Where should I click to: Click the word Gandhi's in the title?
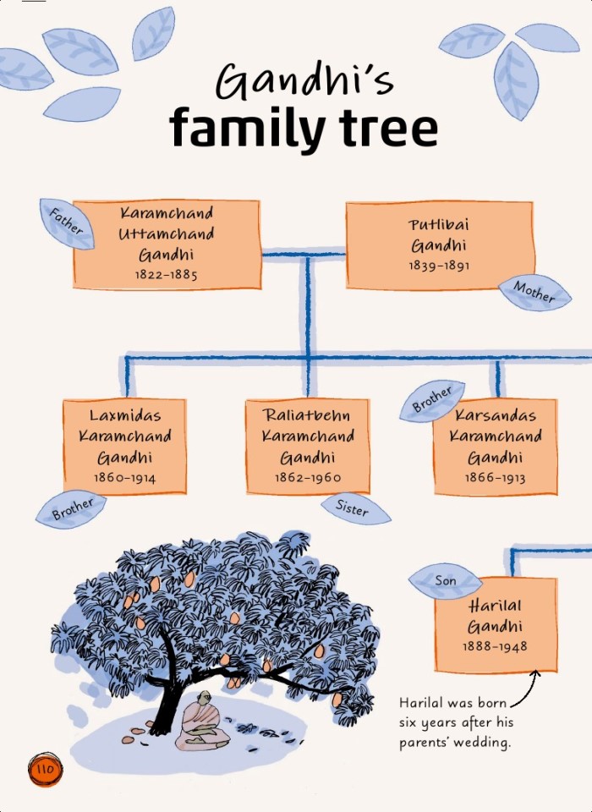click(x=304, y=83)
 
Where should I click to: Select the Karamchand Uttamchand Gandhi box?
click(x=167, y=243)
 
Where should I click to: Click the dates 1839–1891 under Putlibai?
click(x=439, y=266)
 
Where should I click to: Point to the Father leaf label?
click(x=67, y=223)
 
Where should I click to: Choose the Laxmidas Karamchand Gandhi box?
click(x=125, y=446)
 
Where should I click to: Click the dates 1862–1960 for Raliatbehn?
click(x=307, y=478)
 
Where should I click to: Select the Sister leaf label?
click(x=353, y=508)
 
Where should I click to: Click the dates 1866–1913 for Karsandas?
click(x=495, y=478)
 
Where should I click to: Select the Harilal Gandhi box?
click(x=495, y=625)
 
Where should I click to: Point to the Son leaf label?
click(x=446, y=582)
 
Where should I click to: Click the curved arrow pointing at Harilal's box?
click(x=525, y=689)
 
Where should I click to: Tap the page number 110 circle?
click(x=44, y=770)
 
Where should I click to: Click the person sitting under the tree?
click(x=200, y=721)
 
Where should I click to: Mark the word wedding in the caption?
click(x=486, y=743)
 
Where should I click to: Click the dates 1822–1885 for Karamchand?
click(x=167, y=275)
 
